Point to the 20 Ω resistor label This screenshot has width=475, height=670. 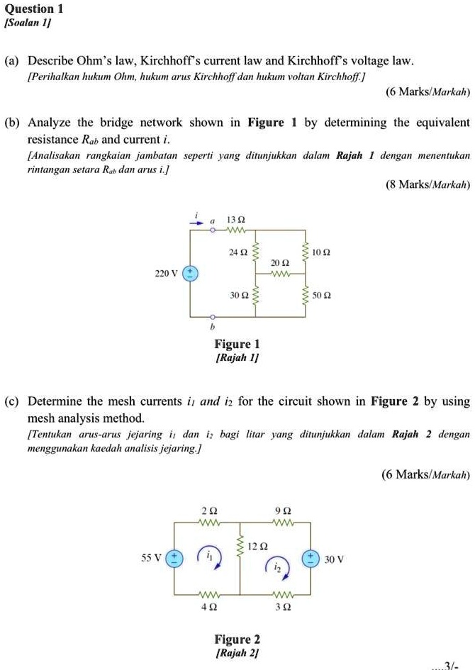tap(281, 262)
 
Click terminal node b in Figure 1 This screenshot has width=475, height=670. tap(212, 317)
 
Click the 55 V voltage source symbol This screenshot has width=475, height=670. tap(174, 558)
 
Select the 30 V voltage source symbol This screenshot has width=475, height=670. tap(310, 558)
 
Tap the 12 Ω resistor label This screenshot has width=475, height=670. tap(258, 546)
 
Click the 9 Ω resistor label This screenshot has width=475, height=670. tap(281, 510)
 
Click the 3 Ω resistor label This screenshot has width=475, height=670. tap(281, 606)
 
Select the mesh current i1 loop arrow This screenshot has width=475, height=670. tap(209, 557)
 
